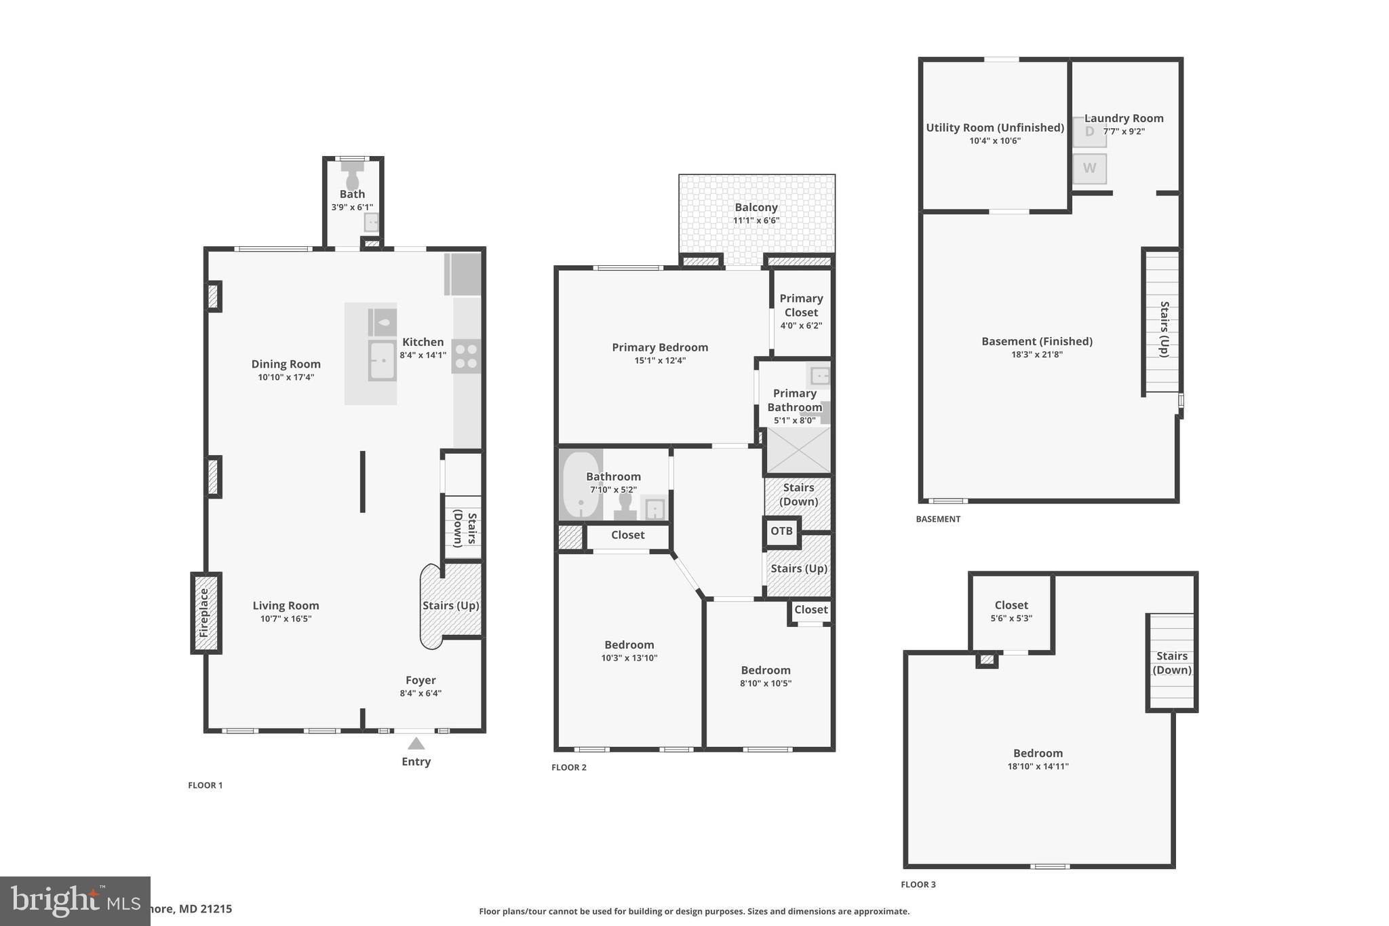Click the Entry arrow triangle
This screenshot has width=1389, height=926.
[x=416, y=744]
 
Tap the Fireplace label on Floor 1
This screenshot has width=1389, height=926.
[x=204, y=613]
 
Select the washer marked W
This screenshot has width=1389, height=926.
[x=1089, y=168]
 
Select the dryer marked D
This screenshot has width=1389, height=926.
[x=1089, y=132]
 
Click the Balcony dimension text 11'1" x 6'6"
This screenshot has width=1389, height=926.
[x=756, y=220]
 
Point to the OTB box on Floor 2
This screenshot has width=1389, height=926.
[x=781, y=531]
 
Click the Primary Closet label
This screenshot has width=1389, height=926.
[x=801, y=305]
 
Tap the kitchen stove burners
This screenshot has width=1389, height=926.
[x=466, y=356]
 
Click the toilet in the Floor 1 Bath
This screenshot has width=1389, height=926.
[x=352, y=178]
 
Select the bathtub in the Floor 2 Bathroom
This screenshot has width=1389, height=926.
[x=581, y=485]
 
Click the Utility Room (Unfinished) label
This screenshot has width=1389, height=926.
[x=994, y=128]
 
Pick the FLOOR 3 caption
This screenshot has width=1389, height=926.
[x=918, y=885]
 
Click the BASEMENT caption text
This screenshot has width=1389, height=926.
[x=938, y=519]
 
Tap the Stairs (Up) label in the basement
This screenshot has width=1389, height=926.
[x=1164, y=329]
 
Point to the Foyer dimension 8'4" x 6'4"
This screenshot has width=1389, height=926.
[x=420, y=693]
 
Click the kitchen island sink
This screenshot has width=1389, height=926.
[x=382, y=360]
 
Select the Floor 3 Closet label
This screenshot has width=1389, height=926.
[x=1011, y=605]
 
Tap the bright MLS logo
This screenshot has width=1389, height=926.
[x=75, y=901]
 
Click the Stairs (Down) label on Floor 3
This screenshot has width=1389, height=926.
[x=1171, y=663]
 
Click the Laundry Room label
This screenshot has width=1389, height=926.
[x=1124, y=118]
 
